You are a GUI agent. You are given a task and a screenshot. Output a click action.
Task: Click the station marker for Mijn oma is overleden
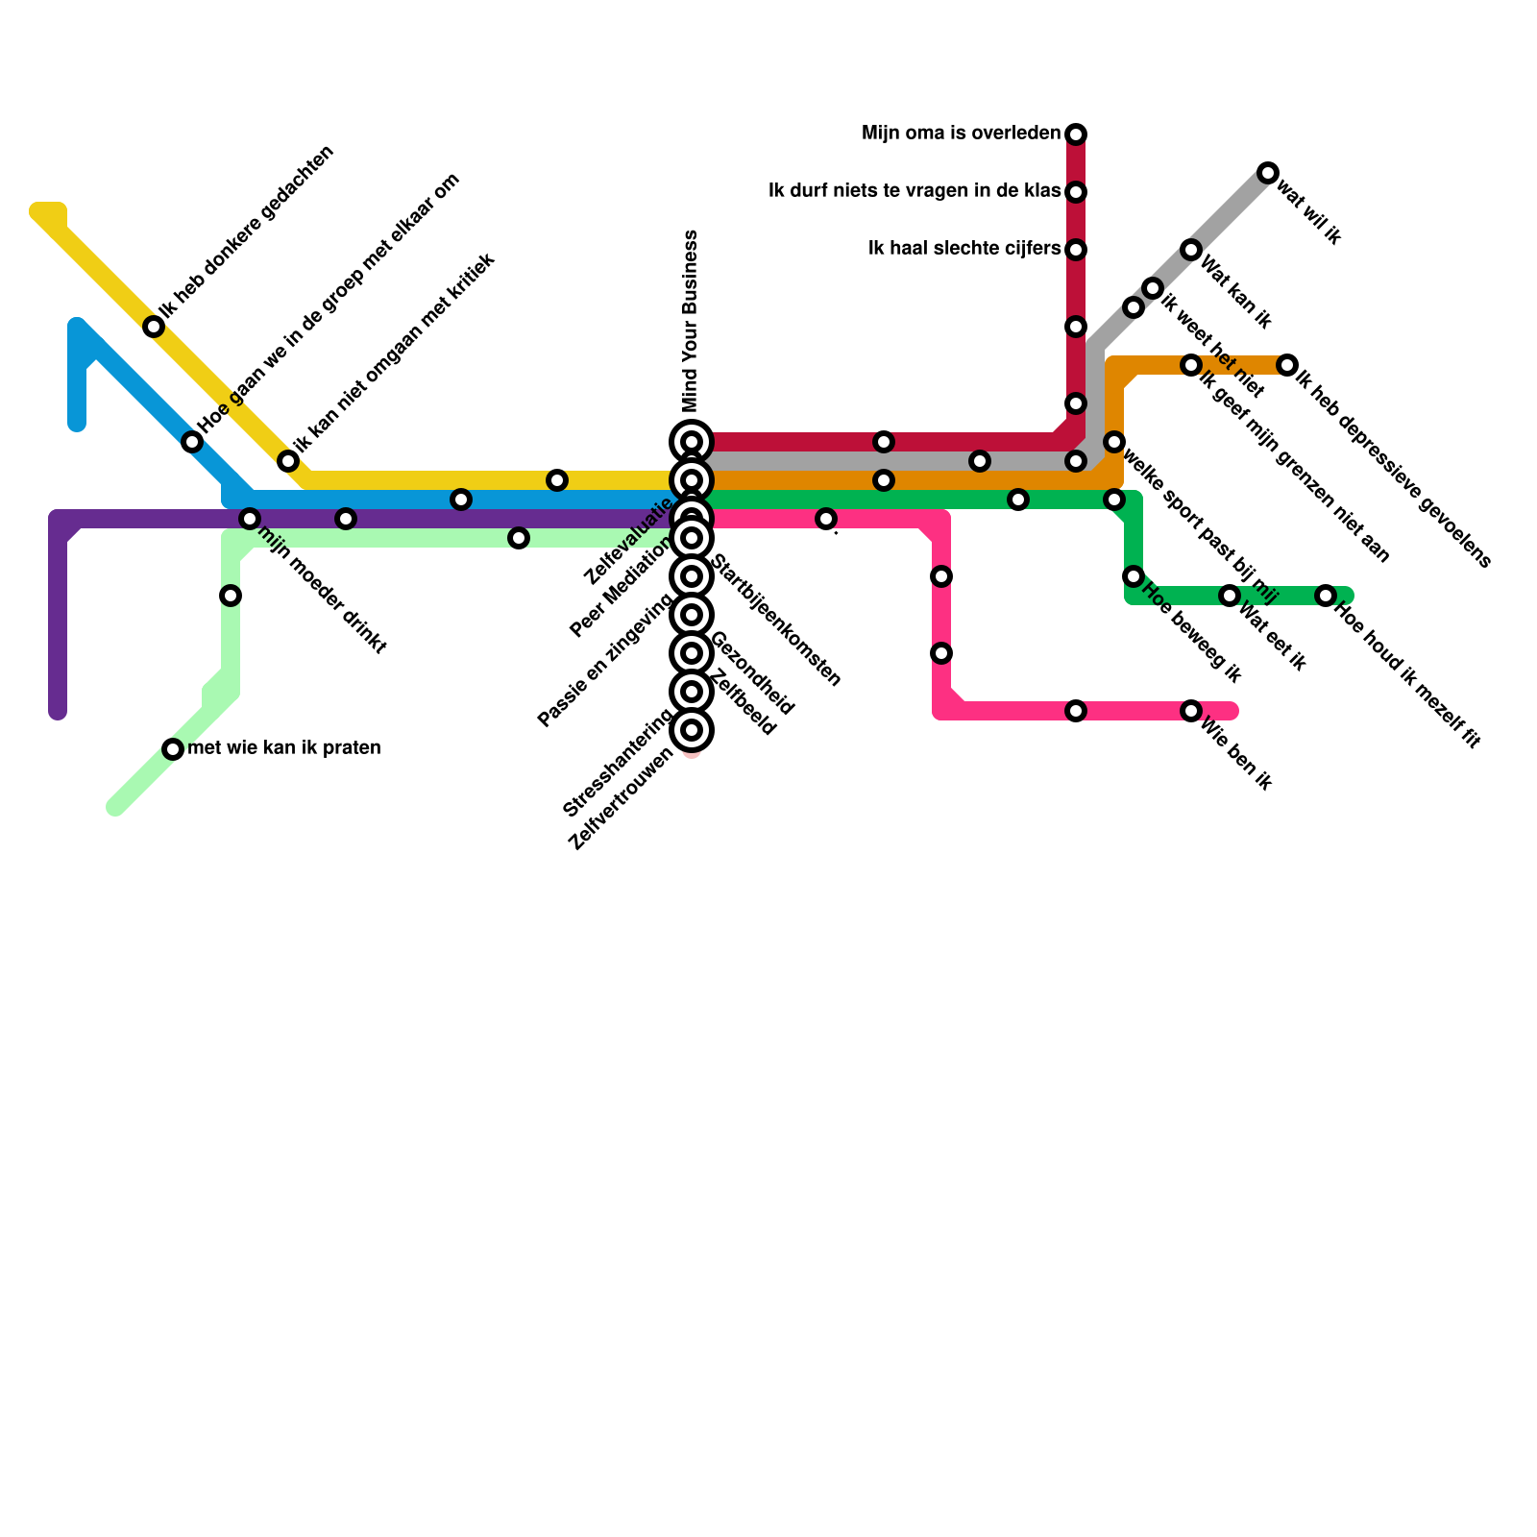pos(1076,134)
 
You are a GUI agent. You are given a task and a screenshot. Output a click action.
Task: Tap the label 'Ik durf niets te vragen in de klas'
pos(914,191)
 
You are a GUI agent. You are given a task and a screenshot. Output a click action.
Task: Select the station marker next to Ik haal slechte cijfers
pos(1076,250)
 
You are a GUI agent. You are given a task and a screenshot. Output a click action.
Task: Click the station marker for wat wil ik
pos(1268,173)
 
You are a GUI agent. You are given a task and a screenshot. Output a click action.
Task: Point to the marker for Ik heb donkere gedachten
pos(154,327)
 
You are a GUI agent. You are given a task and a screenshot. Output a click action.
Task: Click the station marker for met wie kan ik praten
pos(173,749)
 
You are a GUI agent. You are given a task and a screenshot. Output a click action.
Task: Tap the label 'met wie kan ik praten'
pos(284,747)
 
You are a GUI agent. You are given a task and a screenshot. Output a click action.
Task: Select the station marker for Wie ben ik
pos(1191,711)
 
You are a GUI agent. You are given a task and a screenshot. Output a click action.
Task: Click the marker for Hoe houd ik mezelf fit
pos(1326,596)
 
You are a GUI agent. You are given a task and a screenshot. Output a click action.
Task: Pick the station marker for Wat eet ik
pos(1230,596)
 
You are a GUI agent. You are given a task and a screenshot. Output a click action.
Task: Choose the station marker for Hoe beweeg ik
pos(1134,576)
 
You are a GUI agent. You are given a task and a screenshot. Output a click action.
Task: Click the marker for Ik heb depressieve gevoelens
pos(1287,365)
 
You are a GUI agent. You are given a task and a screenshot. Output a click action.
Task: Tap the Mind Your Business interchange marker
pos(692,442)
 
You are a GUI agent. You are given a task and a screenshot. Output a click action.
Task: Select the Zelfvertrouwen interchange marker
pos(692,730)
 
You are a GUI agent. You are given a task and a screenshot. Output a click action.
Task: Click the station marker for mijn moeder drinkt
pos(250,519)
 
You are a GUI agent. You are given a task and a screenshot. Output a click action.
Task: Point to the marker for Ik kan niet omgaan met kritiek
pos(288,461)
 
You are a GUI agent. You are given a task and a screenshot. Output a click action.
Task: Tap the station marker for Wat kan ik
pos(1191,250)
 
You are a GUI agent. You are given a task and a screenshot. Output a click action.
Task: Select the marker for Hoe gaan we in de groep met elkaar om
pos(192,442)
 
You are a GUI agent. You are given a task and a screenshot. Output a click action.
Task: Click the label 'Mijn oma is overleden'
pos(961,134)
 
